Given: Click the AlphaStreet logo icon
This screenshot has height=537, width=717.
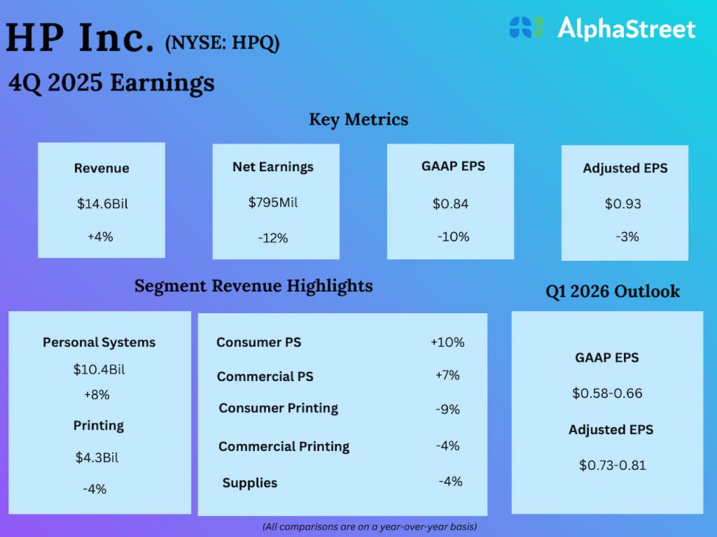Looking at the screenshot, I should [x=527, y=28].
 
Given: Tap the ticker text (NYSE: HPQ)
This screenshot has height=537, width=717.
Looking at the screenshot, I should [x=222, y=43].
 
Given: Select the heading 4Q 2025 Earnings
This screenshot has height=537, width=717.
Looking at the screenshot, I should [x=111, y=83].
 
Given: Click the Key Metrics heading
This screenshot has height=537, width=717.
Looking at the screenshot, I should [x=358, y=120].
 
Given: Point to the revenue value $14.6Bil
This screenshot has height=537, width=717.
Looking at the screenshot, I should [x=102, y=204].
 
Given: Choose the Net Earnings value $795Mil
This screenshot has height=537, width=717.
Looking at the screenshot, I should [x=273, y=203].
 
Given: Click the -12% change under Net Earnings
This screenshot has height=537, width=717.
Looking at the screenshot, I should [x=273, y=238].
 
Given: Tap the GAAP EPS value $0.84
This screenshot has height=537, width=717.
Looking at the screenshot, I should [x=450, y=204].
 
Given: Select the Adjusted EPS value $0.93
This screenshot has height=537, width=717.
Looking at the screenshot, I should [x=623, y=204].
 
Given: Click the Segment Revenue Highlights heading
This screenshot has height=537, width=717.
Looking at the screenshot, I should [x=253, y=286].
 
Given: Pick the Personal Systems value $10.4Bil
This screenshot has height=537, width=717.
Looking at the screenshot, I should [x=99, y=369].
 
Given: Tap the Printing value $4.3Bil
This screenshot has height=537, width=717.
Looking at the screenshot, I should [x=97, y=458].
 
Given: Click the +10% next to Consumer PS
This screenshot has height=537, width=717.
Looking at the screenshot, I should [x=447, y=343].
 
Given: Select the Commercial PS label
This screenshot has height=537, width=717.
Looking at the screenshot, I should [x=265, y=376].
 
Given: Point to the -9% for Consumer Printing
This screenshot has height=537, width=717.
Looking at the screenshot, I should [x=447, y=410].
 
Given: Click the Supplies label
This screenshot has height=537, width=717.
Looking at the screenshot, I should [x=250, y=483].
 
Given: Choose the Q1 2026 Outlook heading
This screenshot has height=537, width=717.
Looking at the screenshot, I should [x=613, y=292].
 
